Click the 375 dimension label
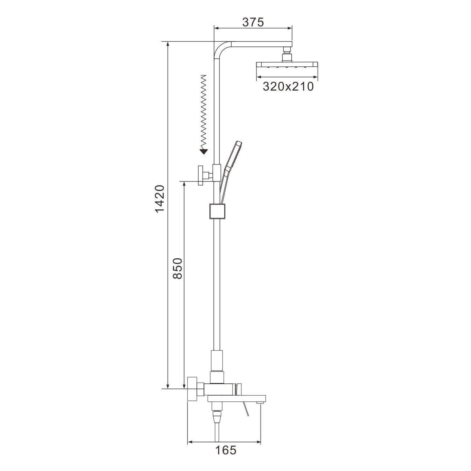pyautogui.click(x=253, y=22)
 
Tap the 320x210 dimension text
pyautogui.click(x=288, y=86)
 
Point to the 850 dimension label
pyautogui.click(x=178, y=268)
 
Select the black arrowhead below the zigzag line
pyautogui.click(x=203, y=151)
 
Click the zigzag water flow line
pyautogui.click(x=203, y=111)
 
